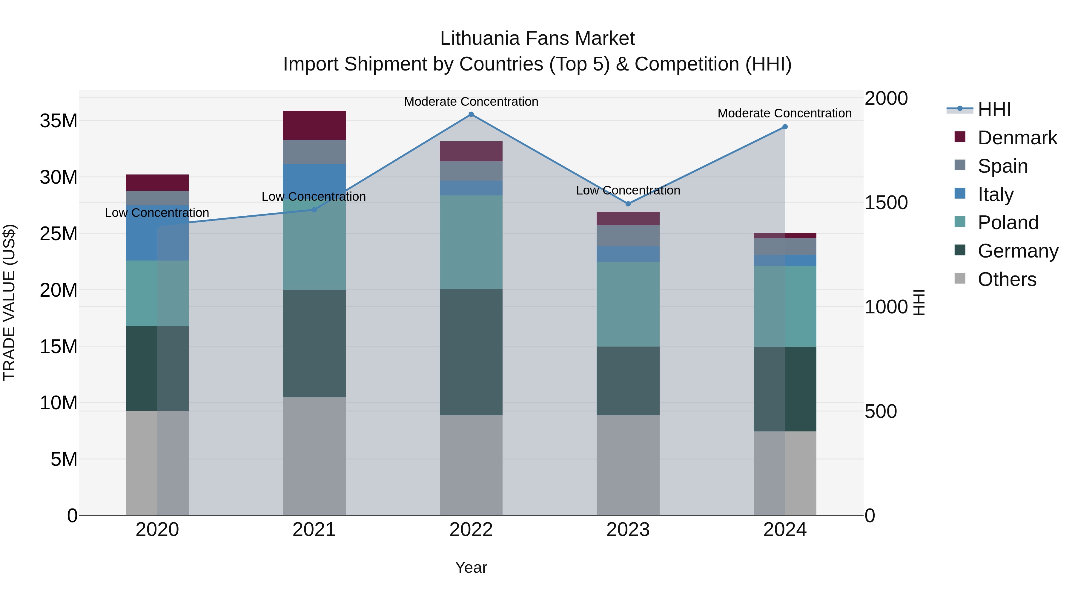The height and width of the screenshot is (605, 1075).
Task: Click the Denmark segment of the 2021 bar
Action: (x=314, y=125)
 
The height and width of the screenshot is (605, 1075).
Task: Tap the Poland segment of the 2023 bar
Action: (x=628, y=304)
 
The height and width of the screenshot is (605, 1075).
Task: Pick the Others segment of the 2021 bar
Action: (x=314, y=456)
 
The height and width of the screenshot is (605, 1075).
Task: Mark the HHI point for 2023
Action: (x=628, y=204)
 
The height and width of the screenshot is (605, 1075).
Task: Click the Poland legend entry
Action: (x=1008, y=223)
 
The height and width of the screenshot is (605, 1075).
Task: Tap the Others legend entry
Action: (x=1007, y=279)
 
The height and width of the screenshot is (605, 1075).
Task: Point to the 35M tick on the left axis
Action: (x=59, y=121)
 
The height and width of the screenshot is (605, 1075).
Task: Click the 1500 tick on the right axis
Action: (x=886, y=203)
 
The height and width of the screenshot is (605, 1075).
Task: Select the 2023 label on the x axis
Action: (x=628, y=530)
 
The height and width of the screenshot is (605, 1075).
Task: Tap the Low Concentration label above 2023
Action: (x=628, y=190)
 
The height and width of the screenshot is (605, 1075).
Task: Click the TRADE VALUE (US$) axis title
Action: (x=9, y=302)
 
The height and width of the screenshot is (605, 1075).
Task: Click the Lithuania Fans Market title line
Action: (x=537, y=39)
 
